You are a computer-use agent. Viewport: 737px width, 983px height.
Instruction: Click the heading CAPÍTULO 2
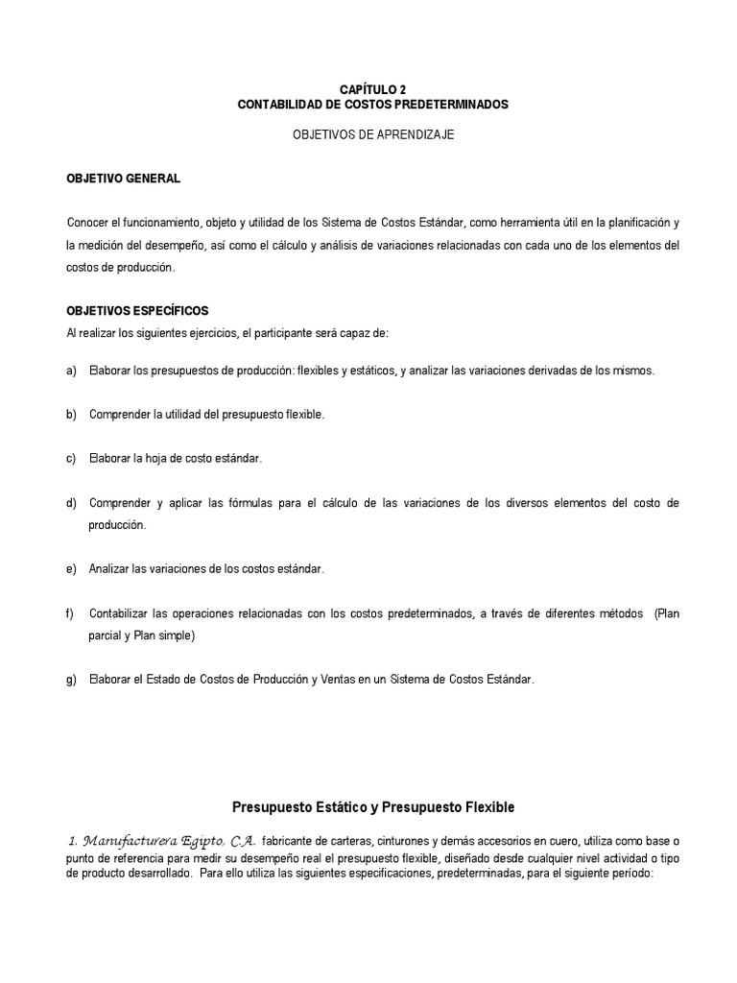click(373, 88)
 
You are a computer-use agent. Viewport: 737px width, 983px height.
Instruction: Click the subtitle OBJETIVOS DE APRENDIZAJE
click(373, 135)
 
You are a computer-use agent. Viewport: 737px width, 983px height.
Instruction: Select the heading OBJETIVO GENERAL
click(122, 180)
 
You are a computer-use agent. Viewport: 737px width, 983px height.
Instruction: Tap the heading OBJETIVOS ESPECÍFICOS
click(136, 312)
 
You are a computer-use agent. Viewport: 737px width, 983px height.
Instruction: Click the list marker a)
click(71, 371)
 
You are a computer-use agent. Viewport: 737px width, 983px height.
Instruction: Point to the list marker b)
click(71, 415)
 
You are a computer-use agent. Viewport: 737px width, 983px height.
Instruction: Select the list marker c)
click(71, 459)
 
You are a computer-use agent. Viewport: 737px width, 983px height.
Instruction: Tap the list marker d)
click(71, 503)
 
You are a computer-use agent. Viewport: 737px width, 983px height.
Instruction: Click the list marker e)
click(71, 569)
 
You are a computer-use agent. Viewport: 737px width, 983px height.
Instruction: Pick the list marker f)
click(70, 613)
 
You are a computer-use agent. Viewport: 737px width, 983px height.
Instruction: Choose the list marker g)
click(71, 680)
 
